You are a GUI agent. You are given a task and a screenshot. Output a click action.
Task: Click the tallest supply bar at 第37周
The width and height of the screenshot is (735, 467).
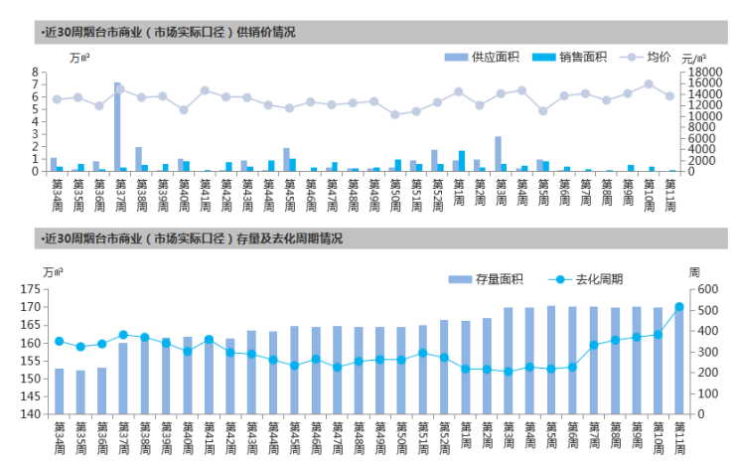point(117,127)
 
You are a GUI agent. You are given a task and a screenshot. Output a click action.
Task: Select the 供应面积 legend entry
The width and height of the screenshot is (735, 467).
point(482,57)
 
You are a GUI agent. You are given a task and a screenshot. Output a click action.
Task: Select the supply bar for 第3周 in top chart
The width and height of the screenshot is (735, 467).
point(498,154)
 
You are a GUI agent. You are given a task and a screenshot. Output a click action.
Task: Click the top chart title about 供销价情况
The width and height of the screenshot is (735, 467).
point(169,32)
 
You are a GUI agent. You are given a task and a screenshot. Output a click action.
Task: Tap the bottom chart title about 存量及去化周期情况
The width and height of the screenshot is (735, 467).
point(194,238)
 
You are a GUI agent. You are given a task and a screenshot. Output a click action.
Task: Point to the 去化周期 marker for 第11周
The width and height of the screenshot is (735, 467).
point(679,308)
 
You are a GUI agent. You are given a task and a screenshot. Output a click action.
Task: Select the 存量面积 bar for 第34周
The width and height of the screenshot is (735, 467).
point(59,391)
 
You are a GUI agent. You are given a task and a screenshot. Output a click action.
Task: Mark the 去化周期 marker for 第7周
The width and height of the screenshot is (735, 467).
point(594,345)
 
